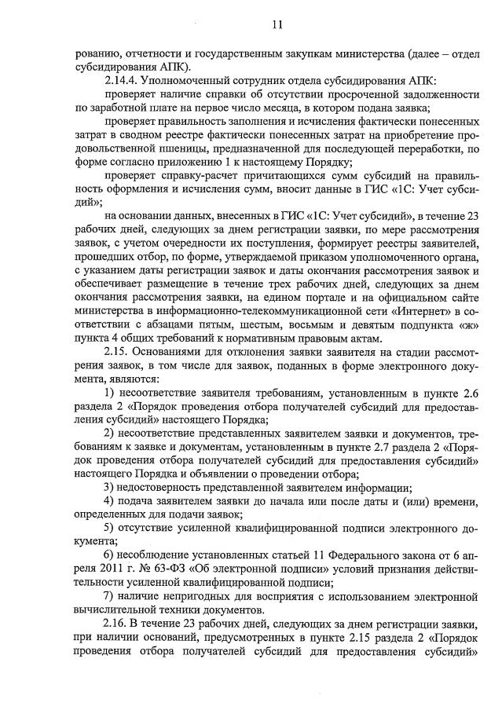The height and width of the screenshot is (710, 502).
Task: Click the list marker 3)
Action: pyautogui.click(x=111, y=487)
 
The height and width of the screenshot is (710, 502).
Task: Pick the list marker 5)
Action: pyautogui.click(x=111, y=527)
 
